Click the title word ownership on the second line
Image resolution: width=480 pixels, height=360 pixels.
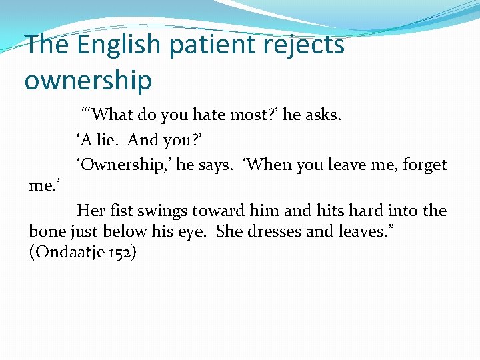[88, 81]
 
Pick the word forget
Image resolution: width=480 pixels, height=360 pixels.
[423, 165]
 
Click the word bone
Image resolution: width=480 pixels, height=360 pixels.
[46, 231]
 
